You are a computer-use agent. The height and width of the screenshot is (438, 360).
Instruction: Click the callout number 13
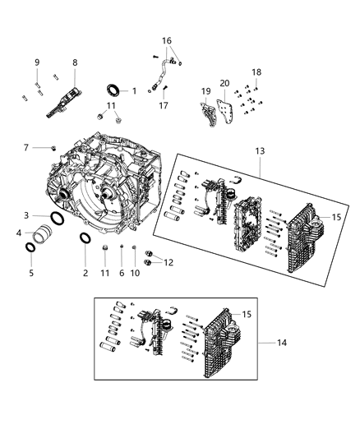click(x=260, y=150)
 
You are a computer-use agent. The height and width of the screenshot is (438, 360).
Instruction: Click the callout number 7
click(x=25, y=147)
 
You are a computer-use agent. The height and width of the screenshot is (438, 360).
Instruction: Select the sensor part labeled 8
click(x=67, y=99)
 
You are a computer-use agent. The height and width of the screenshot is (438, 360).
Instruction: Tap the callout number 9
click(x=37, y=62)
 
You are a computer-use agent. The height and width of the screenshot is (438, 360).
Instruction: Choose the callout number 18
click(x=256, y=72)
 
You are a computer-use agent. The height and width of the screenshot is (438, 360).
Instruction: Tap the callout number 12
click(x=169, y=262)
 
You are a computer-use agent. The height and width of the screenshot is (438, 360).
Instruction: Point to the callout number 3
click(x=25, y=214)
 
